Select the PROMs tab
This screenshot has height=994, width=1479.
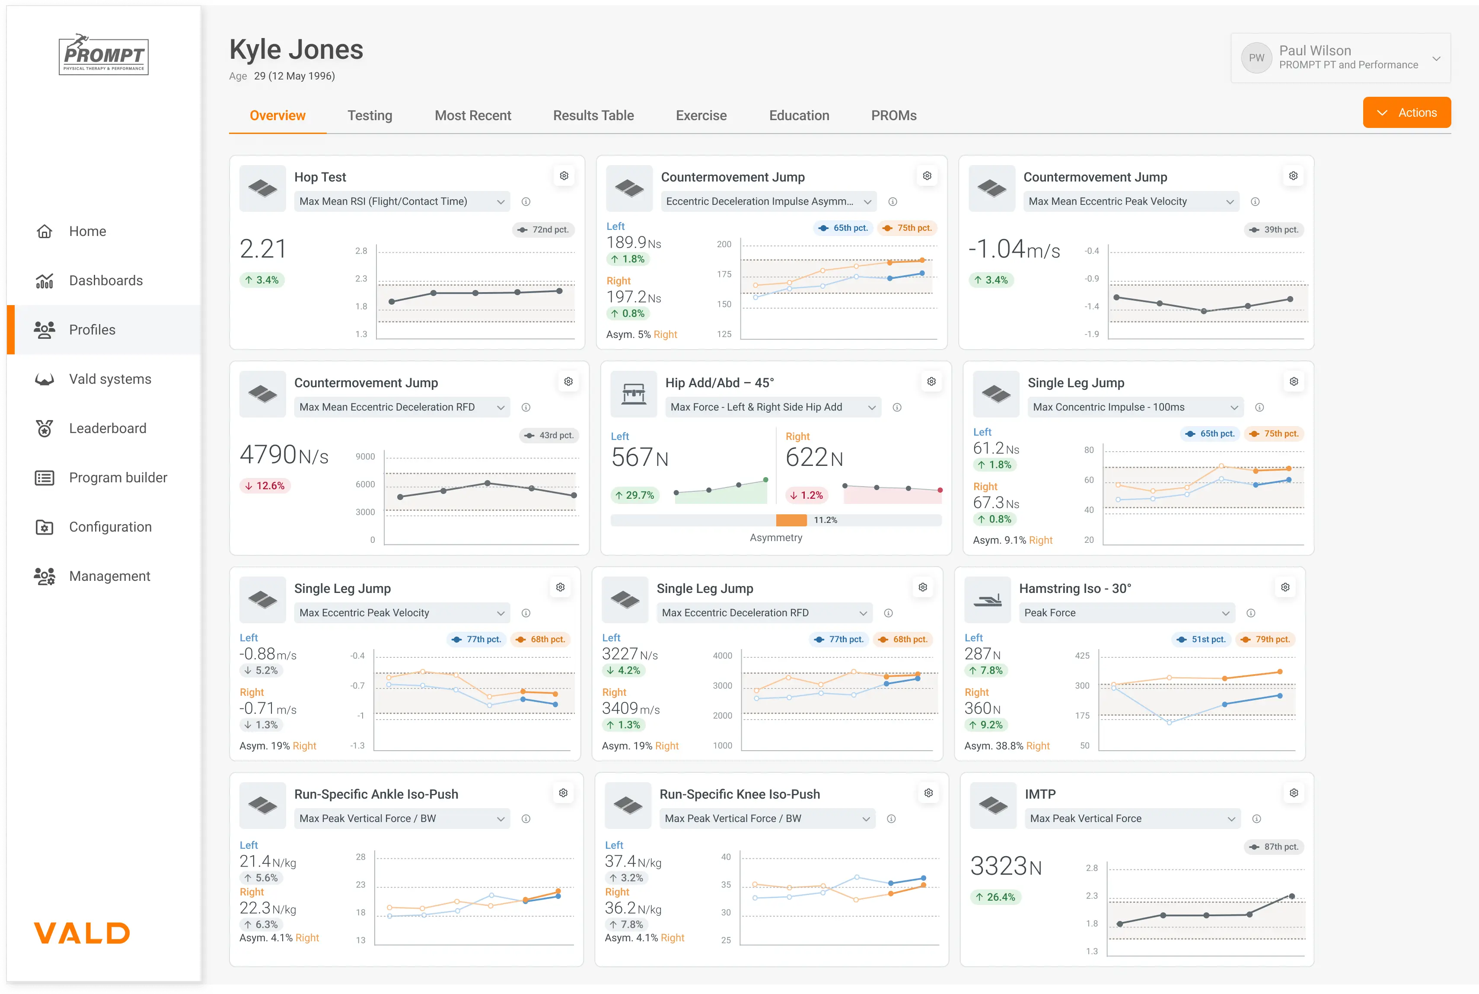893,115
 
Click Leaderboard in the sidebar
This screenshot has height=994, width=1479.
107,429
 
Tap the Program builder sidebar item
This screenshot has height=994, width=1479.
118,478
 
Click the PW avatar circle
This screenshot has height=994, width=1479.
1256,57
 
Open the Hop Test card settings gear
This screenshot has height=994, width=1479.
564,175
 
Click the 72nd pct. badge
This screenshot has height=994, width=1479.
543,229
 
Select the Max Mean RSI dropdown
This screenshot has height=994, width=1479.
401,201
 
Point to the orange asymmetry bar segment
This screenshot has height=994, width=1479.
791,520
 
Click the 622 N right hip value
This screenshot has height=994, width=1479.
814,458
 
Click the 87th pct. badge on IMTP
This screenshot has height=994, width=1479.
1275,847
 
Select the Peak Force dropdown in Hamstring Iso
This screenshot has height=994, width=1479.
1126,613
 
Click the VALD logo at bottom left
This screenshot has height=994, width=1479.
82,933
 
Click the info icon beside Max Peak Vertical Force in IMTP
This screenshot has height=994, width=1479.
1256,819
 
